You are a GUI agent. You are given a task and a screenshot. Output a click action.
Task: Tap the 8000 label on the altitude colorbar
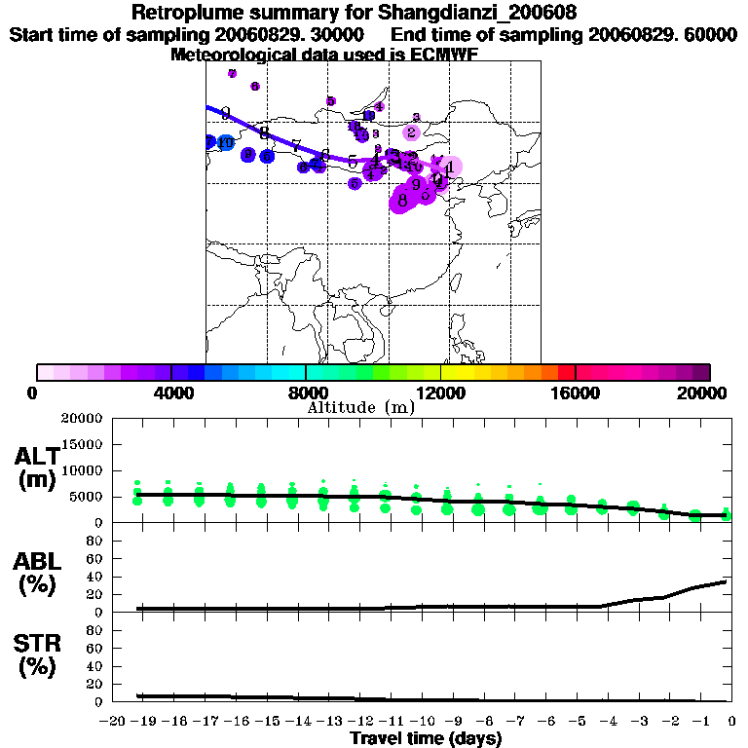tap(306, 393)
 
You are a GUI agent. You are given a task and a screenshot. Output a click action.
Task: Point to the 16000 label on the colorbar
tap(576, 393)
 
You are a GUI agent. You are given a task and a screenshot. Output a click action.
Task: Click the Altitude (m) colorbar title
tap(361, 407)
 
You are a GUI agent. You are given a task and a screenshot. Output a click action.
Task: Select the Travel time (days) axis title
tap(426, 738)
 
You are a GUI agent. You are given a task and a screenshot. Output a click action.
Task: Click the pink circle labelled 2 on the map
tap(412, 132)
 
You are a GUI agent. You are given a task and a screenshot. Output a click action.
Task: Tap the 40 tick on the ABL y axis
tap(96, 577)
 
